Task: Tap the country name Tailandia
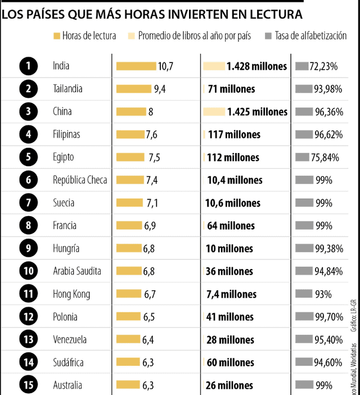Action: point(67,89)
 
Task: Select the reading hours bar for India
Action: point(136,66)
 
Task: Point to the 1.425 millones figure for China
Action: point(257,112)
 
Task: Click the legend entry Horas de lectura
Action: point(89,36)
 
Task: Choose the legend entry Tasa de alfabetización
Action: point(310,36)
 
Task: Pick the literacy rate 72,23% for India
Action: point(323,66)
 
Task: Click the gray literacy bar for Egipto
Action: point(302,157)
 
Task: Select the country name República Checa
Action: point(80,180)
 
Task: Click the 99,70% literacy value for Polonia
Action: point(328,317)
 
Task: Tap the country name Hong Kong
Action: point(71,294)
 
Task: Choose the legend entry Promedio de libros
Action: point(195,36)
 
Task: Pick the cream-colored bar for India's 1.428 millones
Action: point(214,66)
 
